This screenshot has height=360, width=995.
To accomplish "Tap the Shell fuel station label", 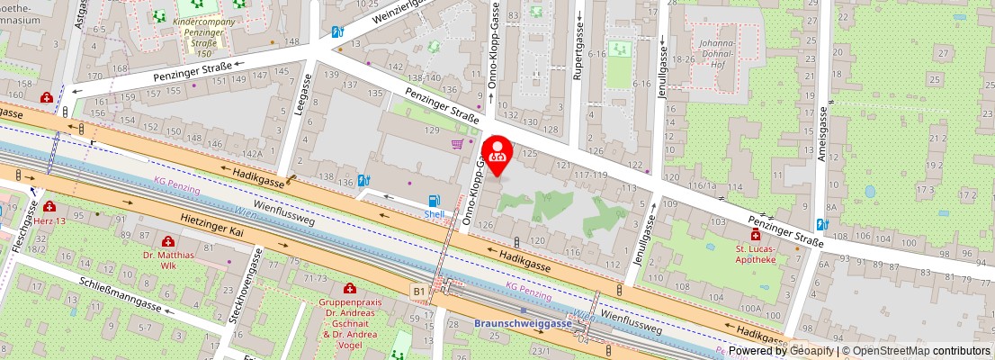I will pos(435,214).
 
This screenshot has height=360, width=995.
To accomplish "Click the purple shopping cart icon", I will pos(458,144).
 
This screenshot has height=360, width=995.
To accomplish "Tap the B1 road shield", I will pos(418,292).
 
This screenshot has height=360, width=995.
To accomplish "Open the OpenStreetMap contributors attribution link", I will pos(915,351).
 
